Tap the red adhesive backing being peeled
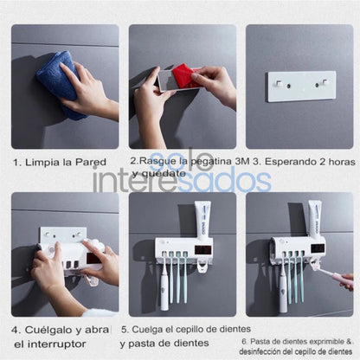point(185,78)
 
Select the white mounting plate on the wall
point(300,86)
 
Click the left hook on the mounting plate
point(280,84)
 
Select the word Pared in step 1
point(93,162)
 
